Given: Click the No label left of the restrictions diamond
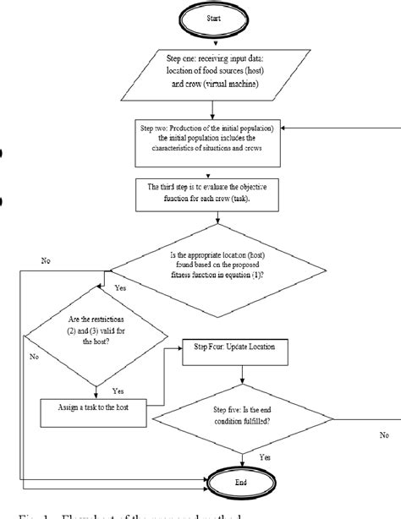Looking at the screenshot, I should click(x=33, y=357).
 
